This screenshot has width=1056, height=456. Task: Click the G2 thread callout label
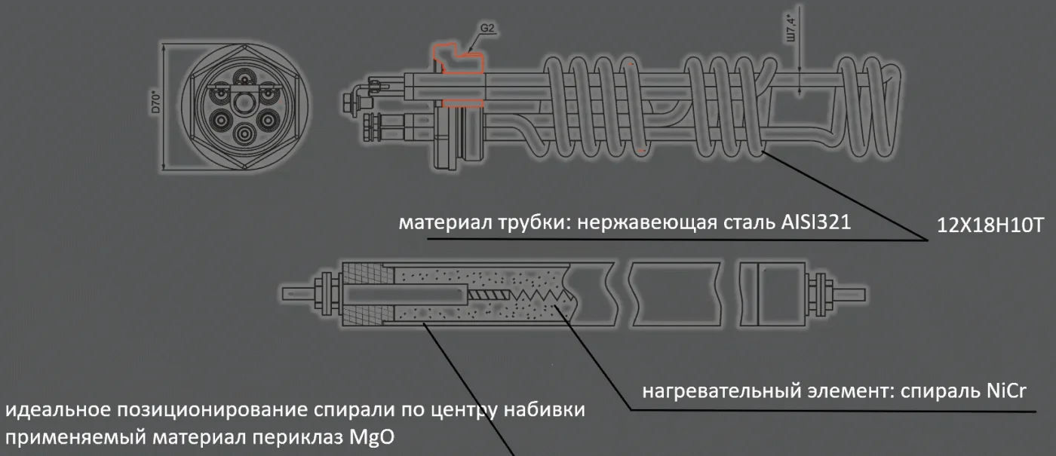[x=487, y=28]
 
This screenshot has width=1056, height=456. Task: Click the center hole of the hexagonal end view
[x=243, y=101]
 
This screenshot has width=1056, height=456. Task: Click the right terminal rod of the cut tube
[x=852, y=291]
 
